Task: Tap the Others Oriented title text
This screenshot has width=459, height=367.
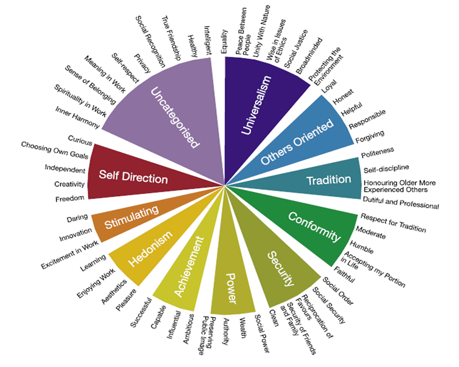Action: (297, 142)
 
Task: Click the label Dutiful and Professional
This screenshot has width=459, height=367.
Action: (401, 202)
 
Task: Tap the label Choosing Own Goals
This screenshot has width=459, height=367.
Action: (55, 150)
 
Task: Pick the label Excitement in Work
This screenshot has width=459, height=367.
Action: (70, 255)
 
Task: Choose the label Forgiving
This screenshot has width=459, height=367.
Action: (370, 137)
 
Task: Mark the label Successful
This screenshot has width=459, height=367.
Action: (141, 313)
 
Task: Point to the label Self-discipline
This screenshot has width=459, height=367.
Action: (386, 169)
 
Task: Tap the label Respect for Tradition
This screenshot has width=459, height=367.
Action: (393, 223)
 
